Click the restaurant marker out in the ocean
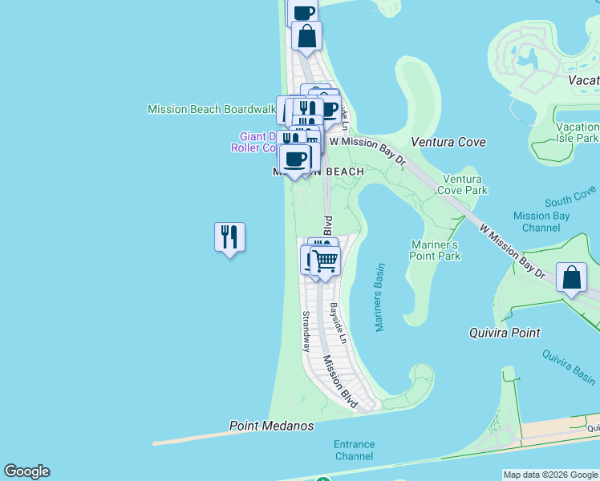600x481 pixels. [x=229, y=237]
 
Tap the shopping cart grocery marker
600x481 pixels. [x=326, y=261]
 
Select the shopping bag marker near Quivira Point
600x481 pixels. [x=570, y=278]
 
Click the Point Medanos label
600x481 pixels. [x=271, y=426]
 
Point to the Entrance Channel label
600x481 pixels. [x=355, y=450]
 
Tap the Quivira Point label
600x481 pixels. [x=505, y=332]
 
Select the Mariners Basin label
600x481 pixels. [x=380, y=297]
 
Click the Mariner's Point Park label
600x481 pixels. [x=436, y=250]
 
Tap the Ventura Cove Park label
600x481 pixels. [x=464, y=184]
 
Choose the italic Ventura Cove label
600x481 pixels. [x=448, y=142]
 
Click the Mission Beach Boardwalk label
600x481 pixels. [x=212, y=109]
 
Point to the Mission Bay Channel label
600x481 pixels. [x=541, y=221]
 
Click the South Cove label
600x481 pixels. [x=570, y=196]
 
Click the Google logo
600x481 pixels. [x=26, y=471]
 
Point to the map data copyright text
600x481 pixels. [x=550, y=475]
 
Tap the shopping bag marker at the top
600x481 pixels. [x=306, y=36]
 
